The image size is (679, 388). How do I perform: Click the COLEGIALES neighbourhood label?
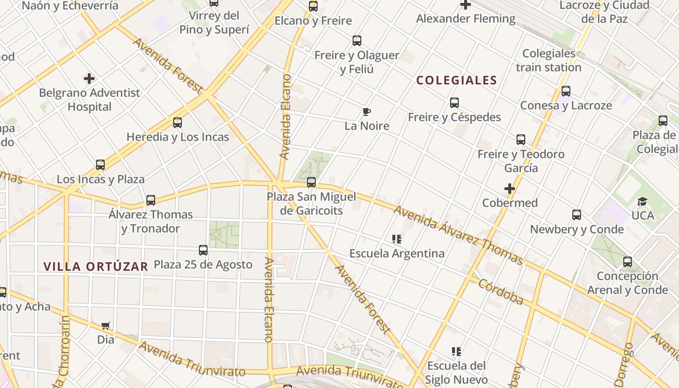457,81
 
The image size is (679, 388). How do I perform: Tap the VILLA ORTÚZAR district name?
96,266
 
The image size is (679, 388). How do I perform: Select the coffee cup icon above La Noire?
367,112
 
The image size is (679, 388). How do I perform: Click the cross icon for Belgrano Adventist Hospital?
89,78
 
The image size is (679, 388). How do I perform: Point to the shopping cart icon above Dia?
106,325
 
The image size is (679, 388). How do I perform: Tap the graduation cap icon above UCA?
643,202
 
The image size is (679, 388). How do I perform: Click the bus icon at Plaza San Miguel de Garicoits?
311,182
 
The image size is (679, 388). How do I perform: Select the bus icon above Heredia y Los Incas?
178,123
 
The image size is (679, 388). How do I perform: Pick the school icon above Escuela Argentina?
397,239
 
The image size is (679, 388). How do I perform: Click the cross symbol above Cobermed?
510,188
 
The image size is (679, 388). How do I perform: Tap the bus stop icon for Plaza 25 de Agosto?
203,250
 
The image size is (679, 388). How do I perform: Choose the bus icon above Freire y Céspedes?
454,103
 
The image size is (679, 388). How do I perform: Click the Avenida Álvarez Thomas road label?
458,235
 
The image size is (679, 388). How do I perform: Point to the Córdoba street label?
501,291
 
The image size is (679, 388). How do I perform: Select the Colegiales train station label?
549,60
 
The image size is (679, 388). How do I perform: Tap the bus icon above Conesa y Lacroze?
566,91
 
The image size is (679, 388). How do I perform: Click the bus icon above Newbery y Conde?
577,215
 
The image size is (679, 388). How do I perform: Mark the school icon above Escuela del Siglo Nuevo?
456,351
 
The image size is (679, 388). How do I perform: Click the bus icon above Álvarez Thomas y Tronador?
151,200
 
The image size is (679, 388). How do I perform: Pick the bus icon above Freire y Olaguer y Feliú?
357,41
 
